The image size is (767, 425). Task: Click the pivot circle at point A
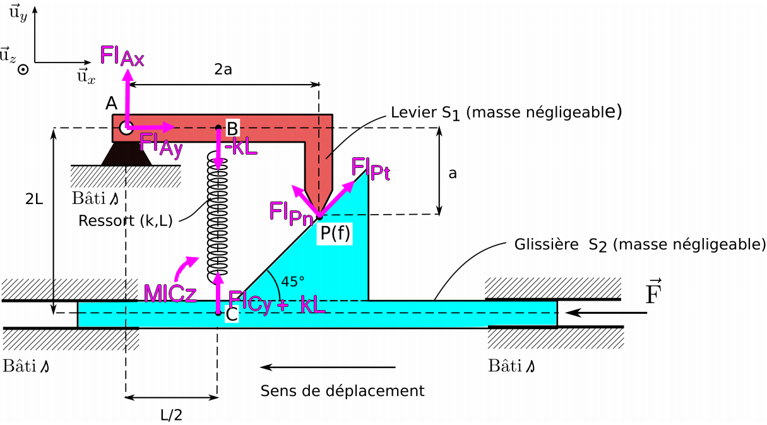(126, 128)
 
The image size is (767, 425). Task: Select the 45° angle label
(292, 281)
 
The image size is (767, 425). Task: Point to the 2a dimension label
(223, 70)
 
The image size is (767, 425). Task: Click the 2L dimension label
(35, 199)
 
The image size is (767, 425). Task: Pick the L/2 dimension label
(172, 414)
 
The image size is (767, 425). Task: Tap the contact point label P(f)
(335, 234)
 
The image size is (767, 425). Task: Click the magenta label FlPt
(371, 169)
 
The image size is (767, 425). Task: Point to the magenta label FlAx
(122, 57)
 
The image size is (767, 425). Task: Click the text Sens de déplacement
(342, 391)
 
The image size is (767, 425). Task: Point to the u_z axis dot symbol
(23, 70)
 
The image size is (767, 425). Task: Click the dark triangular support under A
(126, 153)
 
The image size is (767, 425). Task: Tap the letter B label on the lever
(232, 126)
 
